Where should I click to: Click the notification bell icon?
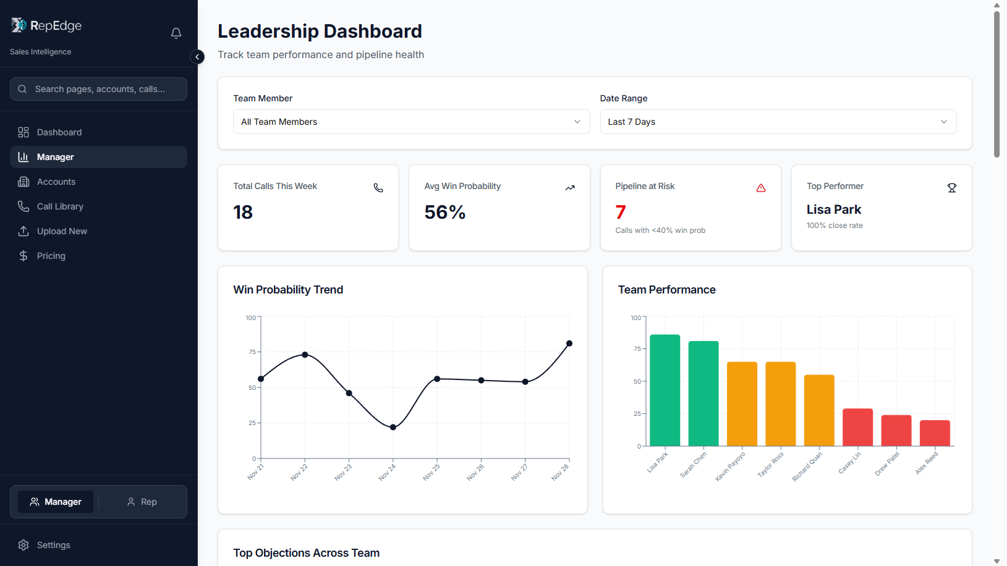176,33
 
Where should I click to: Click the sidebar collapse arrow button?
197,57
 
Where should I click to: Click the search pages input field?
99,89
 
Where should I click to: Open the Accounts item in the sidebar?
56,182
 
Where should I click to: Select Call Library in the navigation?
60,206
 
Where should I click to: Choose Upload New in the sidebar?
62,231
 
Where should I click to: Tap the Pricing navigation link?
51,256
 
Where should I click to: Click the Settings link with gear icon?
53,545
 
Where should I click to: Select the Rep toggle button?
142,502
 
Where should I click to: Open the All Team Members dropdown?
411,122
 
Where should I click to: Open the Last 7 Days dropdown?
778,122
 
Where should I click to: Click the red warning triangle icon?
761,188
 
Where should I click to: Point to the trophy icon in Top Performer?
952,188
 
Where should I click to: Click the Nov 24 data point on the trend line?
393,427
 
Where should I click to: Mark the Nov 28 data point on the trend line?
569,344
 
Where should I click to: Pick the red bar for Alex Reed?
935,433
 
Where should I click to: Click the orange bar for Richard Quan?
819,410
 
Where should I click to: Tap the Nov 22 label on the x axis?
299,472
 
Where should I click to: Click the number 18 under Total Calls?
243,213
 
